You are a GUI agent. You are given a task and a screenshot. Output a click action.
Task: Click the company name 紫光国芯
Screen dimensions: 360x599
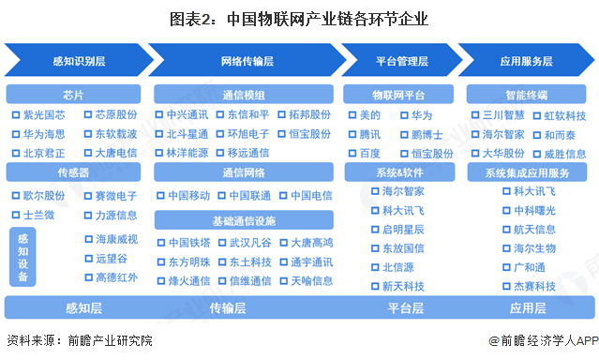[44, 114]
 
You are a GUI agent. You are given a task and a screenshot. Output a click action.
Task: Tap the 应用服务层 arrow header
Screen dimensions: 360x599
[527, 62]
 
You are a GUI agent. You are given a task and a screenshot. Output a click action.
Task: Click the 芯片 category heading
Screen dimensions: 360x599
[74, 95]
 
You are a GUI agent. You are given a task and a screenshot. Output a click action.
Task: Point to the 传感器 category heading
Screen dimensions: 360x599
[74, 172]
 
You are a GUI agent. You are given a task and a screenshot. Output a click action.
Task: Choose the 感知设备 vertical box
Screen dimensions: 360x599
[22, 257]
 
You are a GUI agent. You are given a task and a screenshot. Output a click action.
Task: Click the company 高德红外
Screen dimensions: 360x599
[115, 277]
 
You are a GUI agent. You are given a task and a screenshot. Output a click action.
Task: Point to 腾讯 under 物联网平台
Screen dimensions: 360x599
[370, 134]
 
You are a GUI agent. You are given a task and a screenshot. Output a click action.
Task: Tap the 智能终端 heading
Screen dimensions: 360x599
[527, 95]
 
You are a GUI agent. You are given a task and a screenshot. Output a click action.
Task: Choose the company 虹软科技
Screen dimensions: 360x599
[564, 115]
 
